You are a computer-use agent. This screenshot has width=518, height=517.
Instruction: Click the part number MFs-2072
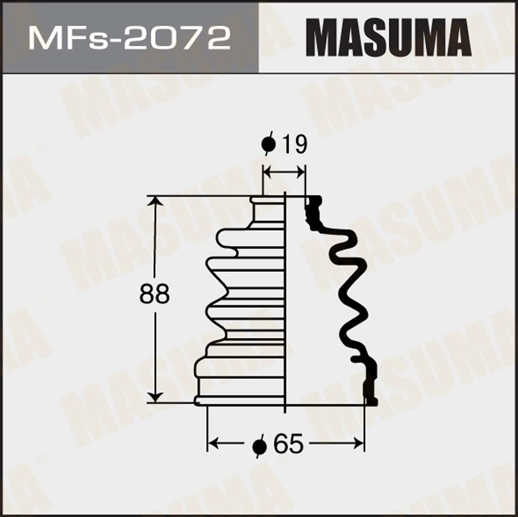129,38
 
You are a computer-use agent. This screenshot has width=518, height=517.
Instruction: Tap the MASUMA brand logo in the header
388,38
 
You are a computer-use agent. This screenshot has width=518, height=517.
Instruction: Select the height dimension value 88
154,295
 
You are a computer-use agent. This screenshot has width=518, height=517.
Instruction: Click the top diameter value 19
294,144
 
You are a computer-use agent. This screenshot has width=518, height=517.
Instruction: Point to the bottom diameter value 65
288,444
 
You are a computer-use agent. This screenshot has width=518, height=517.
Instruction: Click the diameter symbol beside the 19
268,145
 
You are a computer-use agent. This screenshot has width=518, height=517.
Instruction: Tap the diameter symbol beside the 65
260,445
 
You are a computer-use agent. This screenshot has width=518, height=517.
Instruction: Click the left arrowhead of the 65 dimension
212,444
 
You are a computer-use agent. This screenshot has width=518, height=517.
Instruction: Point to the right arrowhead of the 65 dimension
359,444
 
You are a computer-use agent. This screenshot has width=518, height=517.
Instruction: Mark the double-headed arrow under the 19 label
283,172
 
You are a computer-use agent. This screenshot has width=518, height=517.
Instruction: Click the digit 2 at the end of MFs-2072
218,38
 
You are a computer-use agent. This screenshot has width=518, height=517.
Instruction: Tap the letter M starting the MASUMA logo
321,38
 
